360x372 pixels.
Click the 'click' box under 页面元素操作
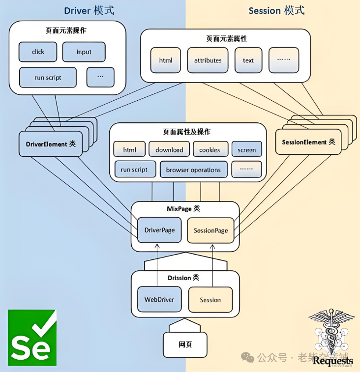click(38, 52)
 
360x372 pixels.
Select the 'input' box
click(84, 52)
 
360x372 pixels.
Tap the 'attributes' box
click(208, 60)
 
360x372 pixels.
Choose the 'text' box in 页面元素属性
click(248, 60)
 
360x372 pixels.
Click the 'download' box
click(169, 150)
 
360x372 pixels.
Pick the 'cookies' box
click(210, 150)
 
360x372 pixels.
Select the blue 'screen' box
click(246, 150)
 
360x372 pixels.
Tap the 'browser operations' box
click(193, 170)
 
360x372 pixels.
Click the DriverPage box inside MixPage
click(159, 230)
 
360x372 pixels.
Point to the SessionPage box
click(210, 230)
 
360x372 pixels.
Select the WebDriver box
click(159, 299)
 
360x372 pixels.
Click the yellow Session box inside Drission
click(210, 300)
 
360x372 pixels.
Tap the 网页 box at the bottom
click(185, 344)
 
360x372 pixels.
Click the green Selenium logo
click(31, 338)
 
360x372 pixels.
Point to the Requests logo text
click(333, 361)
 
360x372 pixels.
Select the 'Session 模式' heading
click(276, 10)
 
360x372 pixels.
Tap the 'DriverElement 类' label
click(51, 144)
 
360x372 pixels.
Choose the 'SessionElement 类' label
click(308, 142)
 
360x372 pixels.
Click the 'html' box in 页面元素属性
click(166, 60)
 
